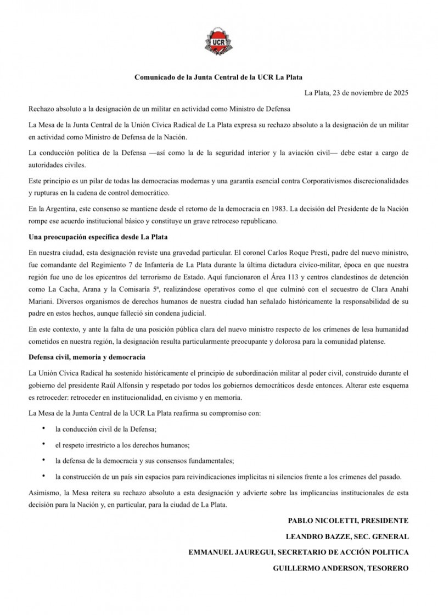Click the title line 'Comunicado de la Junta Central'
[218, 77]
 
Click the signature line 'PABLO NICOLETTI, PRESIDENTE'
[348, 520]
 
